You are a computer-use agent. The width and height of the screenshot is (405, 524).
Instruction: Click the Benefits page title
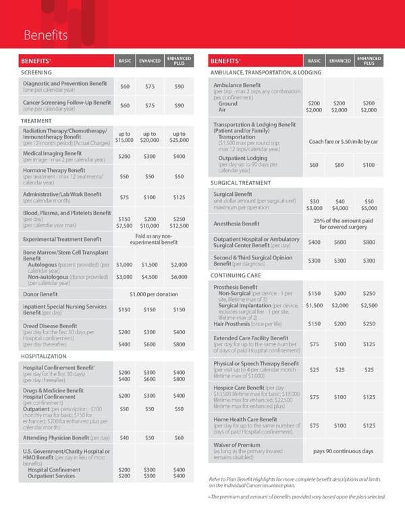click(45, 34)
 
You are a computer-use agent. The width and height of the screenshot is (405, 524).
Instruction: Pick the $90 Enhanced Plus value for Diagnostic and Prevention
click(179, 86)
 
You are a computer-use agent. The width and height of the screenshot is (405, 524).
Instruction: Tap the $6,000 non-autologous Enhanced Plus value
click(179, 276)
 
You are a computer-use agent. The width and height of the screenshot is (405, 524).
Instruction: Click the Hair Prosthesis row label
click(235, 324)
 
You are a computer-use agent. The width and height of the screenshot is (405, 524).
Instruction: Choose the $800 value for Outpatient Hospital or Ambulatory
click(369, 242)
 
